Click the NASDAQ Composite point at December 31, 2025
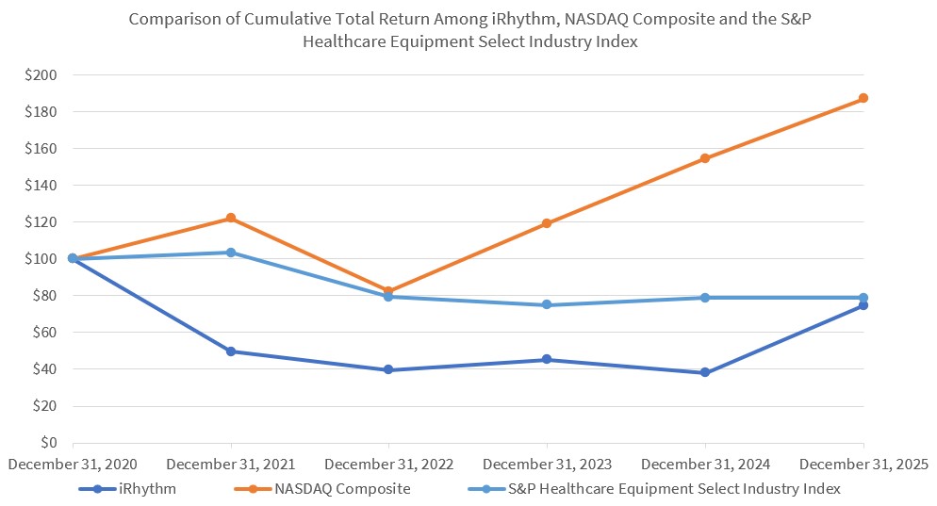(x=863, y=98)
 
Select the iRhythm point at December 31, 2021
(x=231, y=351)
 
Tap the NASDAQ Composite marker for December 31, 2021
(x=231, y=219)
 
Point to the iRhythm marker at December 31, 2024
(x=705, y=373)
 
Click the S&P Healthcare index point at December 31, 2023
(x=547, y=305)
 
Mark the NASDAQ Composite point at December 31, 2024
(x=705, y=158)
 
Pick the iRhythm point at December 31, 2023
(x=547, y=360)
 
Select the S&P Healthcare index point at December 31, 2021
(x=231, y=253)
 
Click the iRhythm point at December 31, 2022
(x=388, y=370)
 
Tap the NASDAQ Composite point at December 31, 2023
(x=547, y=223)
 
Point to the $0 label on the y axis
(x=46, y=443)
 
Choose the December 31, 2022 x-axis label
(x=388, y=465)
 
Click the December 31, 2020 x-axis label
(x=73, y=465)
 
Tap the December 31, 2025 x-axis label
(x=863, y=465)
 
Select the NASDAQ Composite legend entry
(x=341, y=488)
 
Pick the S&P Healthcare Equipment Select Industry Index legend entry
(x=674, y=488)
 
